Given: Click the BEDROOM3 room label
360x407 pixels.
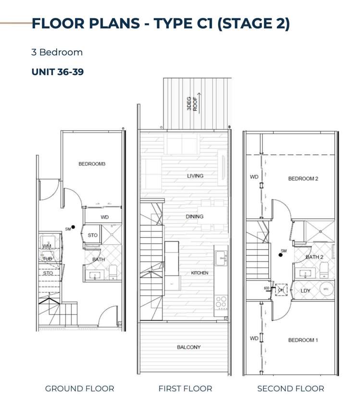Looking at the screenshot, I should click(92, 164).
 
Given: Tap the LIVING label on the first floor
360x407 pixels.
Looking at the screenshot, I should click(195, 176).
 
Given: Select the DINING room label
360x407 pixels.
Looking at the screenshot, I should click(194, 217).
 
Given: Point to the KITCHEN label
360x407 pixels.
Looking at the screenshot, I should click(199, 273).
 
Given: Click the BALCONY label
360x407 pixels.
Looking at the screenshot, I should click(188, 347).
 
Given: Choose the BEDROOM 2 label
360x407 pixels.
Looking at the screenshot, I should click(303, 179).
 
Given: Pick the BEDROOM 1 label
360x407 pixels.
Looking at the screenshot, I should click(303, 340).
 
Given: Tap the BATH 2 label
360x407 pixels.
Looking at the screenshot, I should click(314, 257).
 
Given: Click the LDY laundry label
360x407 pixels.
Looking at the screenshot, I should click(305, 291).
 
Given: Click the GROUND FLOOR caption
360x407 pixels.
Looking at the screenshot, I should click(79, 388).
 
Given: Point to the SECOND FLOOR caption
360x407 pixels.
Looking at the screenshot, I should click(290, 388).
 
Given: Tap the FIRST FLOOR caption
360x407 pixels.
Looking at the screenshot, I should click(185, 388).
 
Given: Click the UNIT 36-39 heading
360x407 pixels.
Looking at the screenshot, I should click(58, 72).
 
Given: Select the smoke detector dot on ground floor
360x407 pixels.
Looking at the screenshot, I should click(73, 227).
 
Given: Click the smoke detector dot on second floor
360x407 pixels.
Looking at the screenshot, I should click(281, 255).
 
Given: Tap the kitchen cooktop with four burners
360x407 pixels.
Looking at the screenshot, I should click(221, 303).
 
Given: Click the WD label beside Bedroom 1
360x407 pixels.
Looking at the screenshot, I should click(254, 339).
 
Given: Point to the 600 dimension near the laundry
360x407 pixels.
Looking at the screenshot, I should click(267, 288).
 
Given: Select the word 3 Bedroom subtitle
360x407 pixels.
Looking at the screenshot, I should click(57, 52).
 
